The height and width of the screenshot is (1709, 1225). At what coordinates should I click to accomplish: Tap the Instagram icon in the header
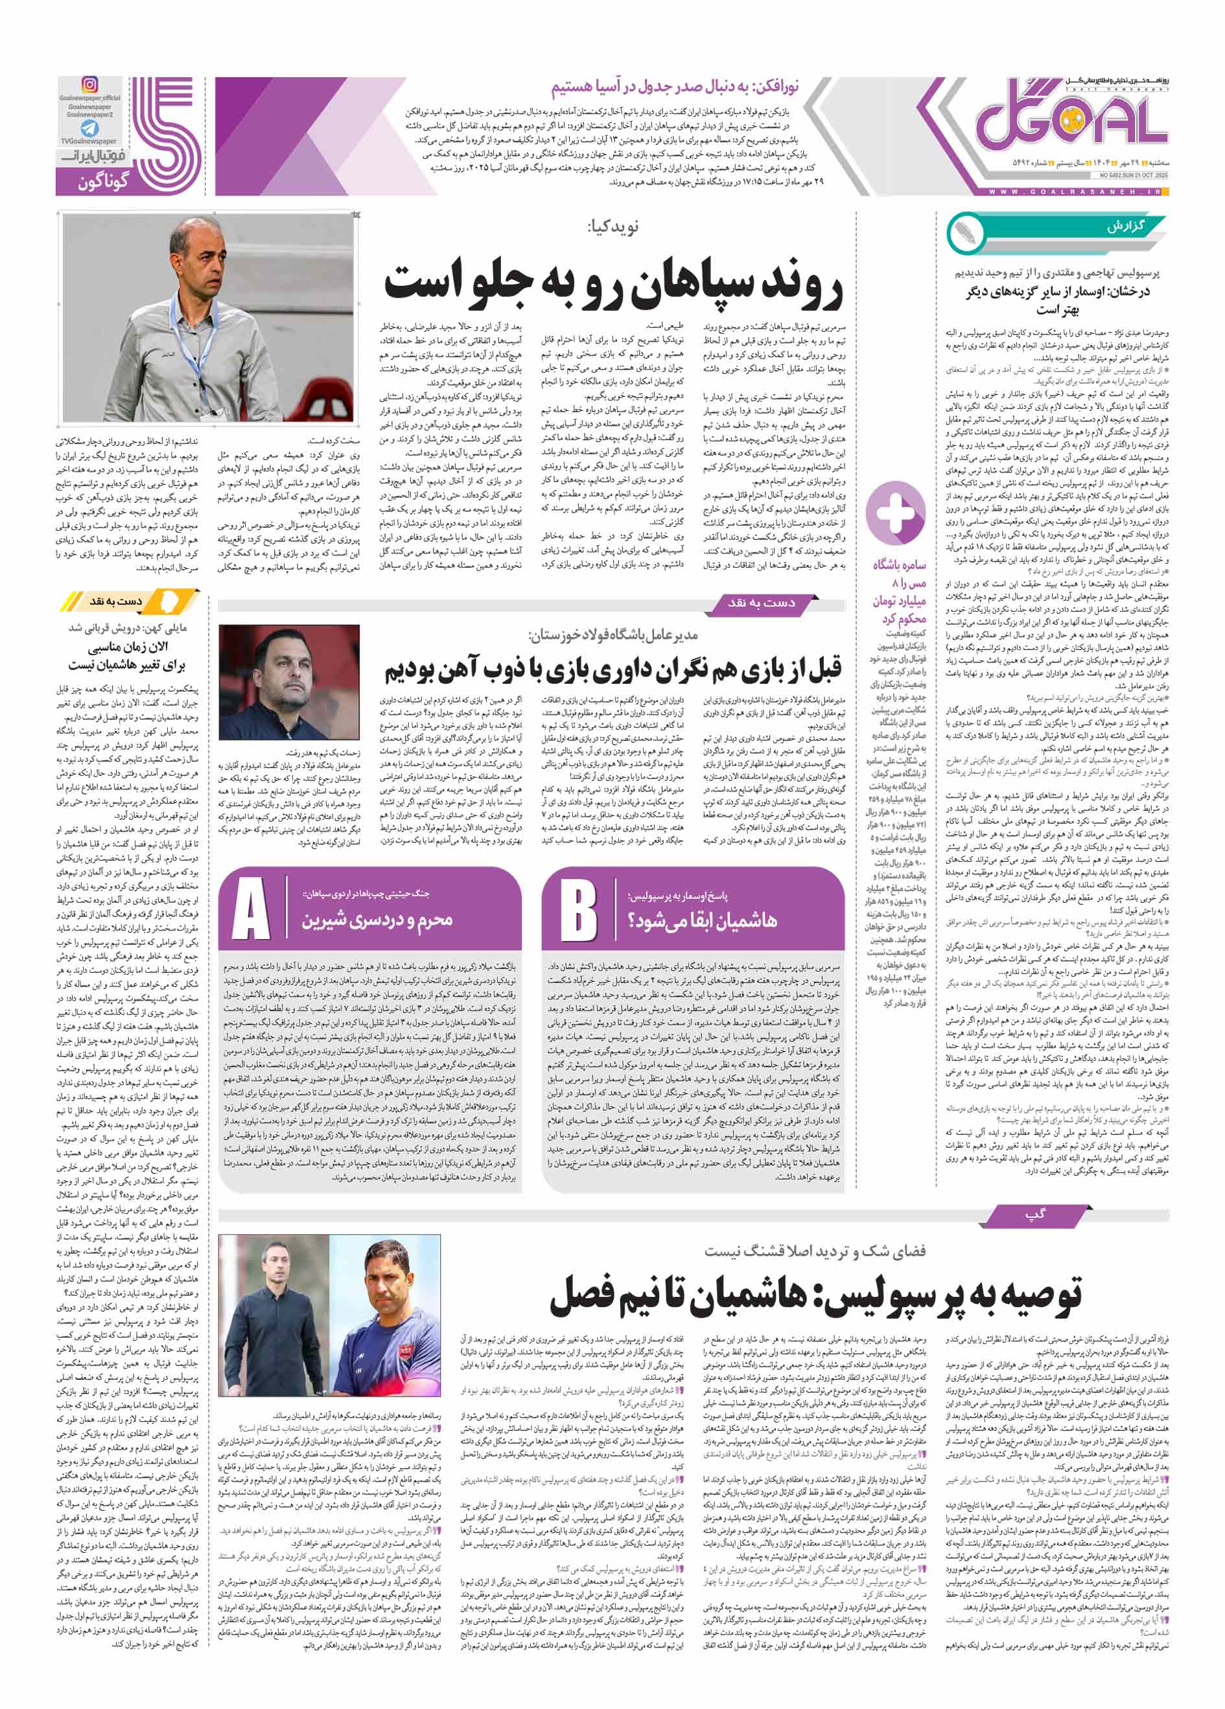[90, 85]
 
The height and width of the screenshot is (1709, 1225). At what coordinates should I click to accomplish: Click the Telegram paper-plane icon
[90, 128]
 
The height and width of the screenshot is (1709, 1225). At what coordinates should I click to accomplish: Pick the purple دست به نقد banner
[762, 602]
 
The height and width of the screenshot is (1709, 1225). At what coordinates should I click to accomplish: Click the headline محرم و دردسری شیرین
[377, 920]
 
